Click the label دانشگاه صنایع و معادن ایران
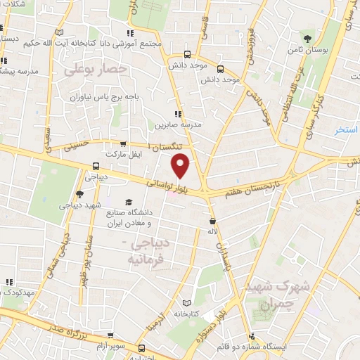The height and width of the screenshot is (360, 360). (x=129, y=218)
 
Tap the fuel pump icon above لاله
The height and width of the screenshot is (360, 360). (x=211, y=219)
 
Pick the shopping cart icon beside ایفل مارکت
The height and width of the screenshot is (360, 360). (x=124, y=143)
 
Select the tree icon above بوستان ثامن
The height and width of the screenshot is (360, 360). (x=307, y=37)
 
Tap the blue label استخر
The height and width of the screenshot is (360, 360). (x=347, y=130)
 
